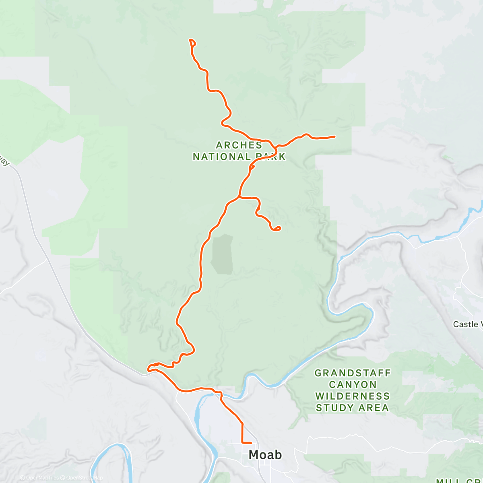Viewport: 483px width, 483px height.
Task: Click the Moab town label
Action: click(x=265, y=455)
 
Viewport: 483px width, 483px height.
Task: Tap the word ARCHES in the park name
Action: click(x=239, y=145)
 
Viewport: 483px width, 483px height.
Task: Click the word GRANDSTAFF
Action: click(x=353, y=373)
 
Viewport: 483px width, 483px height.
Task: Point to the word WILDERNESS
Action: click(x=353, y=396)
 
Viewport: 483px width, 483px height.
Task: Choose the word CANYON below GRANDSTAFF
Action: click(x=353, y=385)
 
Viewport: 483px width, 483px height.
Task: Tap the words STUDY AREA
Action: click(x=353, y=408)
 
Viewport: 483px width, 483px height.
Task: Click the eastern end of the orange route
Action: click(x=334, y=137)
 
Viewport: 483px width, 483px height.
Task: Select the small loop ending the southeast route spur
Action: click(x=277, y=229)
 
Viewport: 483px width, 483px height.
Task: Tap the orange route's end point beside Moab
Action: click(x=251, y=443)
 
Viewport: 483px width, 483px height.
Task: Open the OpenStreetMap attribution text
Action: click(x=85, y=478)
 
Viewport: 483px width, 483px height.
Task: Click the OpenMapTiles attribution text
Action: click(x=42, y=478)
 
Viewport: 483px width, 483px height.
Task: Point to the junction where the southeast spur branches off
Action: click(x=239, y=197)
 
